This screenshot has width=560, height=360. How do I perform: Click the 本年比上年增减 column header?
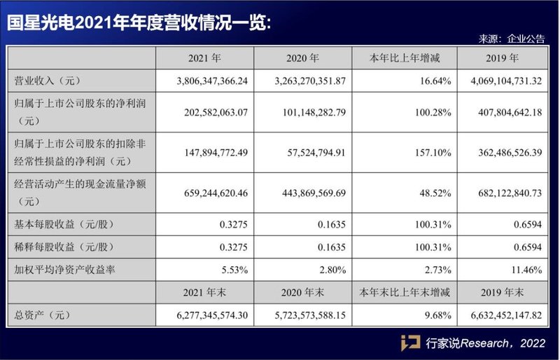point(402,58)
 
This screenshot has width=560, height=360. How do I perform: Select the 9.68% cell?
point(435,315)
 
